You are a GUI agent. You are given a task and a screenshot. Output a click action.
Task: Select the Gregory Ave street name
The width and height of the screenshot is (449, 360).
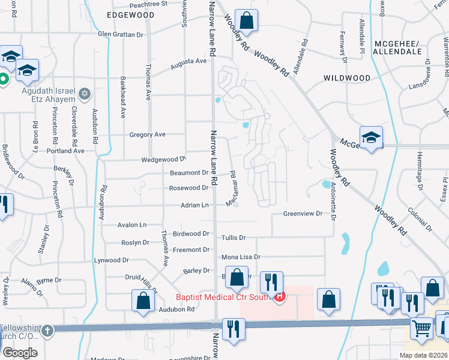point(147,135)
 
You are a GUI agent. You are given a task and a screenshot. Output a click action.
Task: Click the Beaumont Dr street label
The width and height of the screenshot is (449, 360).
point(189,173)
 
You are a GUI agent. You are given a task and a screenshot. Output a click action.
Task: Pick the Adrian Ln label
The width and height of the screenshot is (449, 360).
point(194,205)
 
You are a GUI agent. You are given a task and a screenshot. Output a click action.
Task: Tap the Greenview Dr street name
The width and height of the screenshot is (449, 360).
point(303,214)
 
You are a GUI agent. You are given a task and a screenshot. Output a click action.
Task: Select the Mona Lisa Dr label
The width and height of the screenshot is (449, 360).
point(241,257)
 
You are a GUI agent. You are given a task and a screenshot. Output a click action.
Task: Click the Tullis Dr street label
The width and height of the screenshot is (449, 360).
point(234,238)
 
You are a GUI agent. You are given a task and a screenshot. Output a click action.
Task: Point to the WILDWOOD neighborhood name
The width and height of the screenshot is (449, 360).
point(346,78)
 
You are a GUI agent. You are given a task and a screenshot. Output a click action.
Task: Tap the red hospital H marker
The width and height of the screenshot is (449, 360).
point(279,295)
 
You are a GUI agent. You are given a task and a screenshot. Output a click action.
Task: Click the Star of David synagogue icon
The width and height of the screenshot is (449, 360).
point(85,94)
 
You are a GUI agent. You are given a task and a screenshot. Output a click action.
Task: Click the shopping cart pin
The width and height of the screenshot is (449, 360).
point(422,328)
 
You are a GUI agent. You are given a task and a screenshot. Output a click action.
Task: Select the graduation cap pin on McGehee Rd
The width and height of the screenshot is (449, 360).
point(371,137)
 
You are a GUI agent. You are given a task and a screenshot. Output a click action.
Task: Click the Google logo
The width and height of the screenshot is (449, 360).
point(20,352)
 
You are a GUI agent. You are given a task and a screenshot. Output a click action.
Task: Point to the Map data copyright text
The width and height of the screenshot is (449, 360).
point(423,355)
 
